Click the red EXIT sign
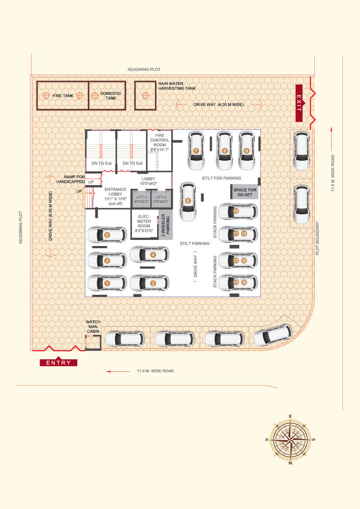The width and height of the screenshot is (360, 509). [299, 103]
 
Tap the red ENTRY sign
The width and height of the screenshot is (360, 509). [58, 363]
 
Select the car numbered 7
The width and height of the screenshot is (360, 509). [196, 151]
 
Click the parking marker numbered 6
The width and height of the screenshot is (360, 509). [188, 201]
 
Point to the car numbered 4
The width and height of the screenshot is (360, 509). [149, 255]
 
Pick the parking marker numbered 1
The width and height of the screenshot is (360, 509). [107, 283]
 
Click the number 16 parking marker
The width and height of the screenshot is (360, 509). [244, 283]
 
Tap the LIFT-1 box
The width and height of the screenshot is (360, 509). [141, 199]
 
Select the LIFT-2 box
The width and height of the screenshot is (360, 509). [161, 199]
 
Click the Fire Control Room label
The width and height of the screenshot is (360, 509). [160, 142]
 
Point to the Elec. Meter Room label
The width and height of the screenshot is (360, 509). [144, 223]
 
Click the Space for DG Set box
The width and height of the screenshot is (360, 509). [245, 192]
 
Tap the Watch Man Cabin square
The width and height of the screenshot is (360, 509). [93, 343]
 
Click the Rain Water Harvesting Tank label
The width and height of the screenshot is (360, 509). [177, 86]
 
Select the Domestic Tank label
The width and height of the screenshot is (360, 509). [111, 95]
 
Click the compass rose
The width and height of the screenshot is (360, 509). [290, 439]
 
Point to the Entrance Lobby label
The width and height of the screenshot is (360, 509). [115, 196]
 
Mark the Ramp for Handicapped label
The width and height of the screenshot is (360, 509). [71, 179]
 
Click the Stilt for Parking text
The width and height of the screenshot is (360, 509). [222, 178]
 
